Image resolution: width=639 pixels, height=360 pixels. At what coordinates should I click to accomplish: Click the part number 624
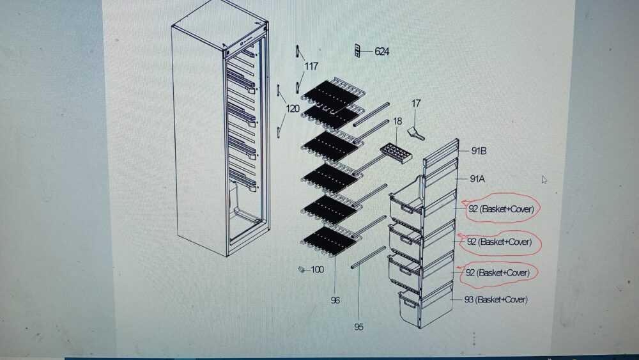pos(382,51)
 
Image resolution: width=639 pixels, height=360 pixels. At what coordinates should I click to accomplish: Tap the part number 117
pos(311,66)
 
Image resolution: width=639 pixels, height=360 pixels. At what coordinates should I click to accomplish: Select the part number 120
pos(293,109)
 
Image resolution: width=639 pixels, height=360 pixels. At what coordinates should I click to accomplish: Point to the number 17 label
pos(416,104)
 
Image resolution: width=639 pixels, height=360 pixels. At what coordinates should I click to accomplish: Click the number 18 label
pos(397,121)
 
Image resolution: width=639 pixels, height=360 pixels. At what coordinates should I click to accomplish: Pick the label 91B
pos(479,151)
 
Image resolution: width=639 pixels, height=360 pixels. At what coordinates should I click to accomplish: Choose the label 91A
pos(477,178)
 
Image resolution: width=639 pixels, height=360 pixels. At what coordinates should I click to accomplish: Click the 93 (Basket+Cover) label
pos(496,300)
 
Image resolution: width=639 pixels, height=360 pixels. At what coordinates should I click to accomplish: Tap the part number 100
pos(317,269)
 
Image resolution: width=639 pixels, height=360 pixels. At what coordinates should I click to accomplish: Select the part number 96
pos(335,301)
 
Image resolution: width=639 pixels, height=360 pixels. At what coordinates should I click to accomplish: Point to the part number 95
pos(358,327)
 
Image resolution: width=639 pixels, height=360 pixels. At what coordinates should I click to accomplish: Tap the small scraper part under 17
pos(416,133)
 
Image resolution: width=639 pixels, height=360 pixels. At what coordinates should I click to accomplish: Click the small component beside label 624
pos(357,51)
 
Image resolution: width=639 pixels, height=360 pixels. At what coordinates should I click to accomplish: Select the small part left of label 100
pos(302,269)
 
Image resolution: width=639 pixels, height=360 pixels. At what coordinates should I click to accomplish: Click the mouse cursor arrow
pos(544,180)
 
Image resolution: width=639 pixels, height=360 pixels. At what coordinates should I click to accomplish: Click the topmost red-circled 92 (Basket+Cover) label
pos(501,209)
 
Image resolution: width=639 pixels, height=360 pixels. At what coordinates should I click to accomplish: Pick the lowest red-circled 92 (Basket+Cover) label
pos(498,273)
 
